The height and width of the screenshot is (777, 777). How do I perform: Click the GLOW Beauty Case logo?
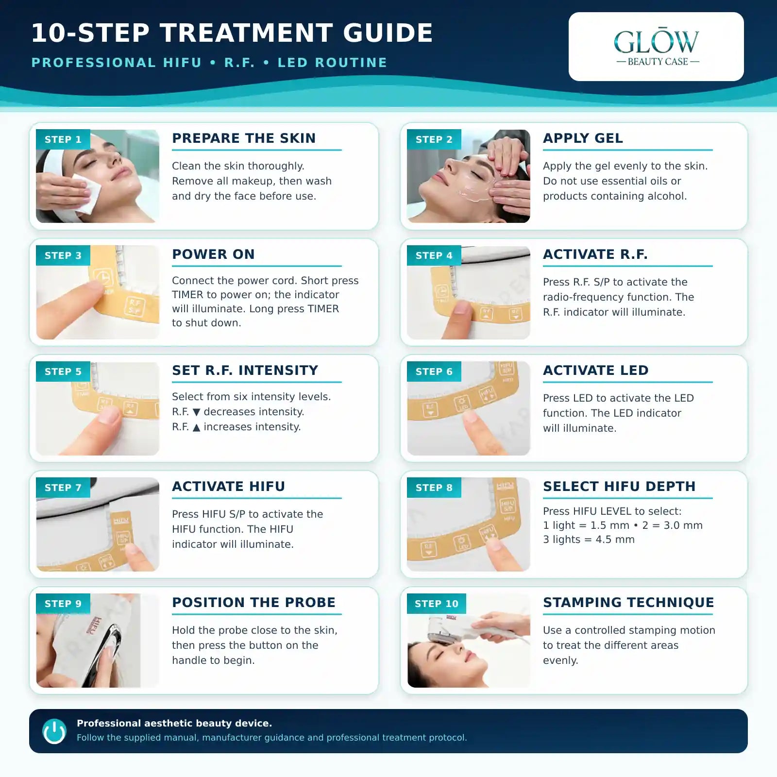click(656, 47)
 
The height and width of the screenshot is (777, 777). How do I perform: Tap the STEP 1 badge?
click(63, 139)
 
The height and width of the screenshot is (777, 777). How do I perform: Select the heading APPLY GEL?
click(583, 138)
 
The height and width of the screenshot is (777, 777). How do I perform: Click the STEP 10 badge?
click(437, 604)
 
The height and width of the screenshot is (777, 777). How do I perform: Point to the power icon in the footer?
click(54, 731)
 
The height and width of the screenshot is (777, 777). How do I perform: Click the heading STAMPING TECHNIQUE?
click(628, 603)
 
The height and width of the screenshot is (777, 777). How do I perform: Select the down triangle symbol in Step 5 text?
click(196, 412)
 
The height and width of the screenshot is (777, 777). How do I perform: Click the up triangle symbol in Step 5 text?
click(196, 427)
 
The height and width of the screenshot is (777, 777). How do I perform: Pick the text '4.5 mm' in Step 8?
click(615, 540)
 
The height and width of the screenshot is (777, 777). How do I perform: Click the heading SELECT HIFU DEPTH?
click(619, 487)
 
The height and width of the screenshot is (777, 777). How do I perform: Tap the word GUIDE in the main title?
click(388, 33)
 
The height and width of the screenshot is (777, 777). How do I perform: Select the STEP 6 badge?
click(434, 372)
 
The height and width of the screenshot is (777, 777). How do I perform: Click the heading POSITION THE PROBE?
click(253, 603)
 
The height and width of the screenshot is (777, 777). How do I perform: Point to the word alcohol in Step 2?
click(669, 196)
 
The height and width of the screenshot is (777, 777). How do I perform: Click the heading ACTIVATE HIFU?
click(228, 487)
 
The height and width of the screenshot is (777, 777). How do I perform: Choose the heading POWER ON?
click(213, 254)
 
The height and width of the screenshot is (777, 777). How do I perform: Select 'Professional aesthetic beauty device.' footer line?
click(174, 723)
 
